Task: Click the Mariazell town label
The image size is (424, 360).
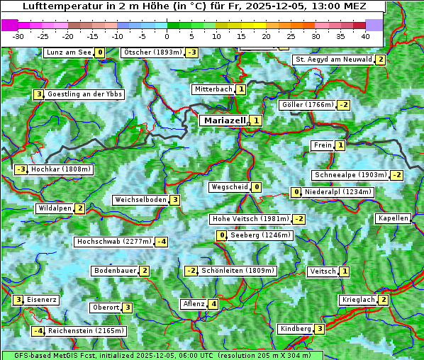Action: coord(224,120)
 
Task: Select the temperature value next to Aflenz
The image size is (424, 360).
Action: coord(213,304)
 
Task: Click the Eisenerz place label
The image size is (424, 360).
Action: coord(41,300)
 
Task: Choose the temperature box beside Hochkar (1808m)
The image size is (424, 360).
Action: coord(21,169)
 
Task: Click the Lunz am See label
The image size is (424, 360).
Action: coord(68,52)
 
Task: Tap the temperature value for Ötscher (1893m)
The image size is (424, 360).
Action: coord(192,52)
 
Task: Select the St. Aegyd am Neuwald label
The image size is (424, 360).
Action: coord(333,60)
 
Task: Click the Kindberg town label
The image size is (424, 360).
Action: coord(296,329)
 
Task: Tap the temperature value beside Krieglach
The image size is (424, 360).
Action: coord(384,300)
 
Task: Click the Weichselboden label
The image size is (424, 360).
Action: coord(140,200)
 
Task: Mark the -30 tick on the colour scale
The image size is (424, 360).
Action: coord(18,35)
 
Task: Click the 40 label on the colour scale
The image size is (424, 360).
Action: coord(365,35)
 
